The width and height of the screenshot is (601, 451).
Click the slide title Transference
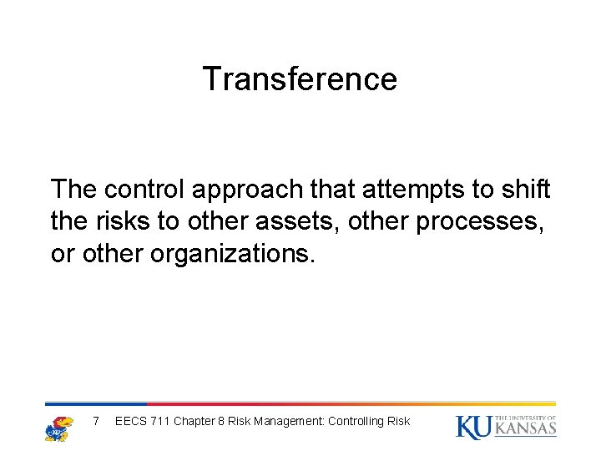[300, 79]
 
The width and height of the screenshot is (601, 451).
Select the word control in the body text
[147, 190]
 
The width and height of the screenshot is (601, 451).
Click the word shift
[529, 190]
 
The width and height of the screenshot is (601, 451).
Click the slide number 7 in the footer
[96, 421]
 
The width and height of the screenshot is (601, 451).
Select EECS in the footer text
[130, 421]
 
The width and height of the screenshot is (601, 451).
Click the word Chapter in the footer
[194, 421]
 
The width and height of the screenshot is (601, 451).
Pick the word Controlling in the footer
[356, 421]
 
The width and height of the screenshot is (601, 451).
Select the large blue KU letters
[473, 427]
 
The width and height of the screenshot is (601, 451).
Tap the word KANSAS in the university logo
[525, 429]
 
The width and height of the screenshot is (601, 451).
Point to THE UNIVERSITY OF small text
[525, 418]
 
